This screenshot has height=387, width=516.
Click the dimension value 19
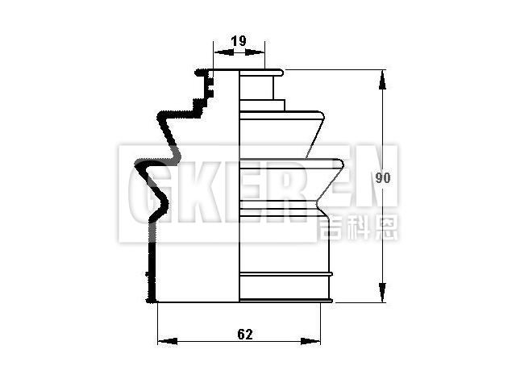238,40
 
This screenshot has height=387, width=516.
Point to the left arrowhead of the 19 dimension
217,52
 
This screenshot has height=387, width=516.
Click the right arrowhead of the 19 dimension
260,52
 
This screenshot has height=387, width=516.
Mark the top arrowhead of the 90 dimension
381,75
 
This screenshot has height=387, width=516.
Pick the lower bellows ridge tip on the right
343,165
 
